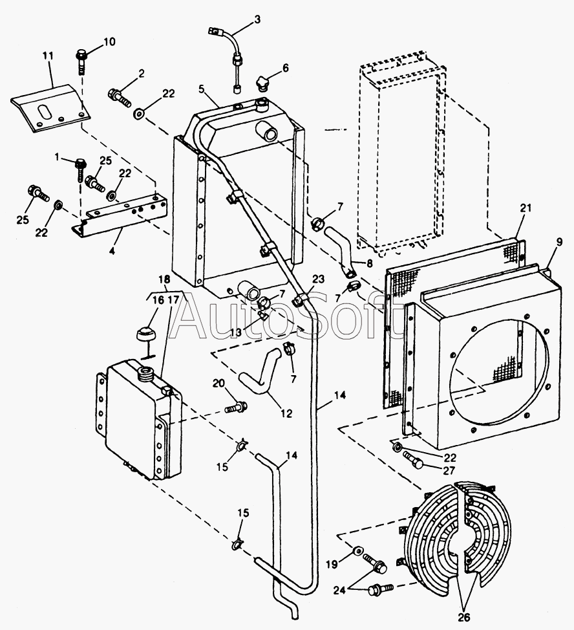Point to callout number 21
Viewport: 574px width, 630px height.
(525, 208)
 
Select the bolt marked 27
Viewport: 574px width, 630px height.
(414, 461)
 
